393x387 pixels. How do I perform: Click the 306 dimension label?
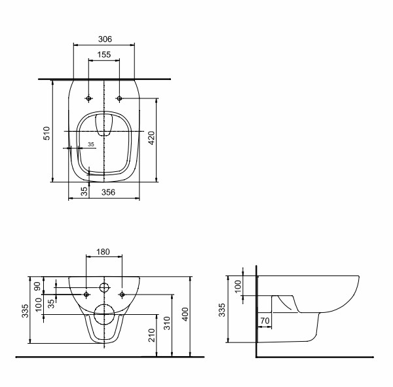105,39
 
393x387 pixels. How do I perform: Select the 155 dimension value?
103,54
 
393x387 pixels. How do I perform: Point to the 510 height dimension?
47,133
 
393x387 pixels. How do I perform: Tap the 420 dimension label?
152,138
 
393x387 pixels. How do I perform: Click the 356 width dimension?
108,192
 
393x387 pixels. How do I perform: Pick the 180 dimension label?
103,252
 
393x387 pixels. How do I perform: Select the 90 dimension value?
37,287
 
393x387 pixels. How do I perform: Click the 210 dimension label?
152,335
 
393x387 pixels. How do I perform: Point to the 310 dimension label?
167,323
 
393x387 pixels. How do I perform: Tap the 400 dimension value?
185,314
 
